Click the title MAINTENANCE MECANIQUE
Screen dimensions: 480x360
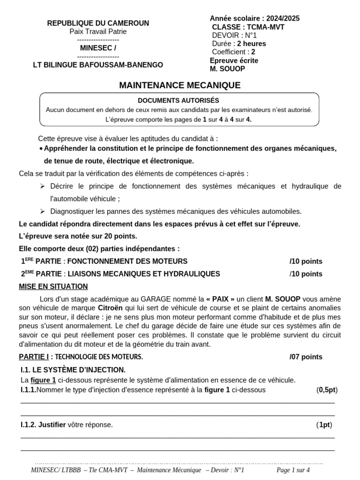180,85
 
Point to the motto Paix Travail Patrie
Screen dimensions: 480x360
98,31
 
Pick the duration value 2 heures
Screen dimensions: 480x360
251,44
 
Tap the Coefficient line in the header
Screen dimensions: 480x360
233,52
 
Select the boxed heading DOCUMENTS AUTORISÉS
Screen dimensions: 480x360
178,100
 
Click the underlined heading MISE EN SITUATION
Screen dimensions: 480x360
53,286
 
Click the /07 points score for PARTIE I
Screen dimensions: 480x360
306,357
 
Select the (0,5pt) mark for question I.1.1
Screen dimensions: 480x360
327,390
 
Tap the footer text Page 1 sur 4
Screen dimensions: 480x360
293,470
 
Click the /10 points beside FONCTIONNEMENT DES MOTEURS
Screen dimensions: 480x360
306,261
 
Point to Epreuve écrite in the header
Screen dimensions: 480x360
234,60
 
